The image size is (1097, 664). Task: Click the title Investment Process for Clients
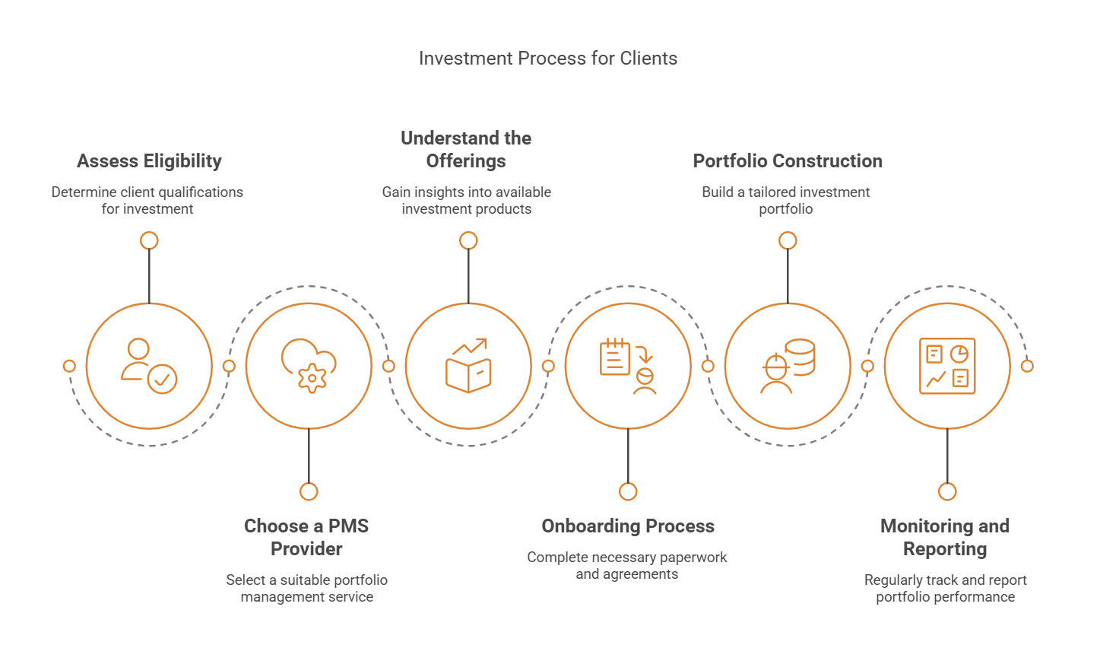(x=547, y=59)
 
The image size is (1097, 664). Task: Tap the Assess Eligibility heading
(x=149, y=161)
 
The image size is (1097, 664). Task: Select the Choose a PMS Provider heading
(x=306, y=537)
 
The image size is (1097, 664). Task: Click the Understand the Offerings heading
(x=466, y=150)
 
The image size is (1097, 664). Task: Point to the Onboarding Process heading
(x=628, y=526)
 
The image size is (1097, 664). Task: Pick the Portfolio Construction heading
(x=788, y=161)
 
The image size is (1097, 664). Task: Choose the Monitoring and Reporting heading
(x=945, y=537)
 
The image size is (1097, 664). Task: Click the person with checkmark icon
(x=149, y=366)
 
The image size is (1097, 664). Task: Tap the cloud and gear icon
(x=309, y=366)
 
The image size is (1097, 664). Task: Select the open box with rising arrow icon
(x=468, y=366)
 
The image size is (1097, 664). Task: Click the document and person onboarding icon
(x=628, y=366)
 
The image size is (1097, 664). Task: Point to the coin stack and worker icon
(x=788, y=366)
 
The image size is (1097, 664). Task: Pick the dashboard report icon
(x=947, y=366)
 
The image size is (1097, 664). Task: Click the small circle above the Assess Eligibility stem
(x=149, y=240)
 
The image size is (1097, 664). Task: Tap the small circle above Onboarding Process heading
(x=628, y=491)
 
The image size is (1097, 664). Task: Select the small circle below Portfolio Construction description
(x=788, y=240)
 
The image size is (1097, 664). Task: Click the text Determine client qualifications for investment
(x=147, y=201)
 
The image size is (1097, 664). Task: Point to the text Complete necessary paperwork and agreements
(x=627, y=566)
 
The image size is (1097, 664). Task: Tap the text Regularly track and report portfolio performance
(x=945, y=589)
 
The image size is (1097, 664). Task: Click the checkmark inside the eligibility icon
(x=162, y=379)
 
